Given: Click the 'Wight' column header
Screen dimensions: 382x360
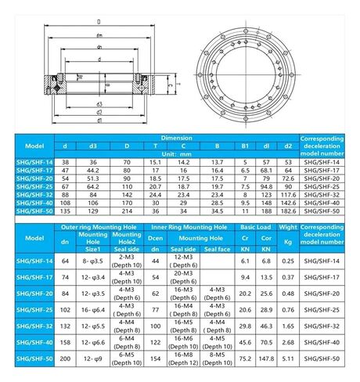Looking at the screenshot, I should [x=288, y=225].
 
